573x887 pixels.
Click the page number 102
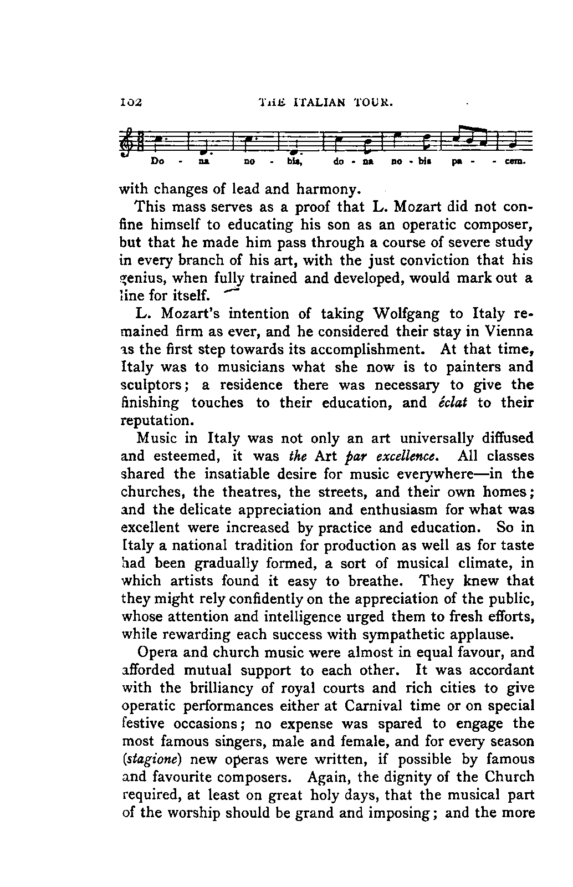(x=131, y=102)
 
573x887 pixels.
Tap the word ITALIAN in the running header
(x=320, y=102)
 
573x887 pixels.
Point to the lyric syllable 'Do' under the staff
(x=157, y=163)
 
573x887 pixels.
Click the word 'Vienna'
(x=509, y=332)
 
